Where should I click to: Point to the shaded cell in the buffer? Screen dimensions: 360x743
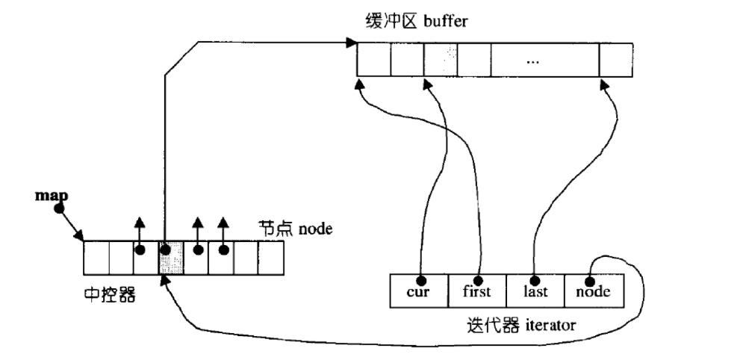tap(441, 59)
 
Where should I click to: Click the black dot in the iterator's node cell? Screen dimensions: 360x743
tap(590, 282)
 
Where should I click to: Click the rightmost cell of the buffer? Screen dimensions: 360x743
tap(615, 59)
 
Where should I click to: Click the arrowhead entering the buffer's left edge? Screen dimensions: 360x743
tap(351, 43)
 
